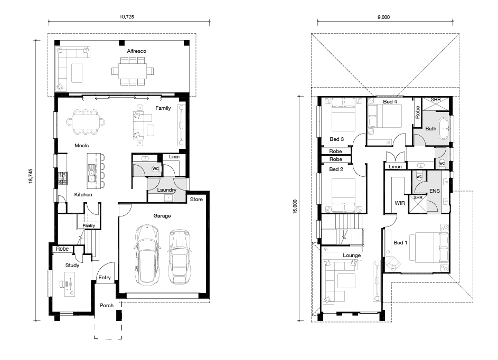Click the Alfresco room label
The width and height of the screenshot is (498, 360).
coord(137,51)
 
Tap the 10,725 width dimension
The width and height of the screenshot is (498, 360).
coord(127,17)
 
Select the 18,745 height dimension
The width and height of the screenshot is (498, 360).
coord(31,176)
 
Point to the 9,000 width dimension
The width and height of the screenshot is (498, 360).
coord(383,17)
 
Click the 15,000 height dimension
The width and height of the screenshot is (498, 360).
coord(295,207)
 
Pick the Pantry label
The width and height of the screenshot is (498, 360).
coord(89,225)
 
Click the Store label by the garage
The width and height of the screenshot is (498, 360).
coord(196,200)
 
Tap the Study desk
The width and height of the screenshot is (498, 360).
coord(70,287)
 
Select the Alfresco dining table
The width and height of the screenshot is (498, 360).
coord(133,71)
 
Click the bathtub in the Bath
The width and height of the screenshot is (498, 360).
coord(444,129)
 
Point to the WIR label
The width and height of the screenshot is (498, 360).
coord(400,203)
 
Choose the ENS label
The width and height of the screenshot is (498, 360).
coord(435,191)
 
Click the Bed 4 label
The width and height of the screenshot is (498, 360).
coord(390,101)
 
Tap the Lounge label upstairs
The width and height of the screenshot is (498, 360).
coord(352,255)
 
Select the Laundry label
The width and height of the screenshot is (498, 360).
coord(166,190)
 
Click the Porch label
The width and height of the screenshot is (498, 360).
coord(106,306)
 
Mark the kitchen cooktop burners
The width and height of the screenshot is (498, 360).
coord(63,178)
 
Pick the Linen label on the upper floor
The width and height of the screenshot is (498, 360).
coord(395,166)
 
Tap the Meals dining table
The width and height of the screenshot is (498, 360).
coord(86,122)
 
